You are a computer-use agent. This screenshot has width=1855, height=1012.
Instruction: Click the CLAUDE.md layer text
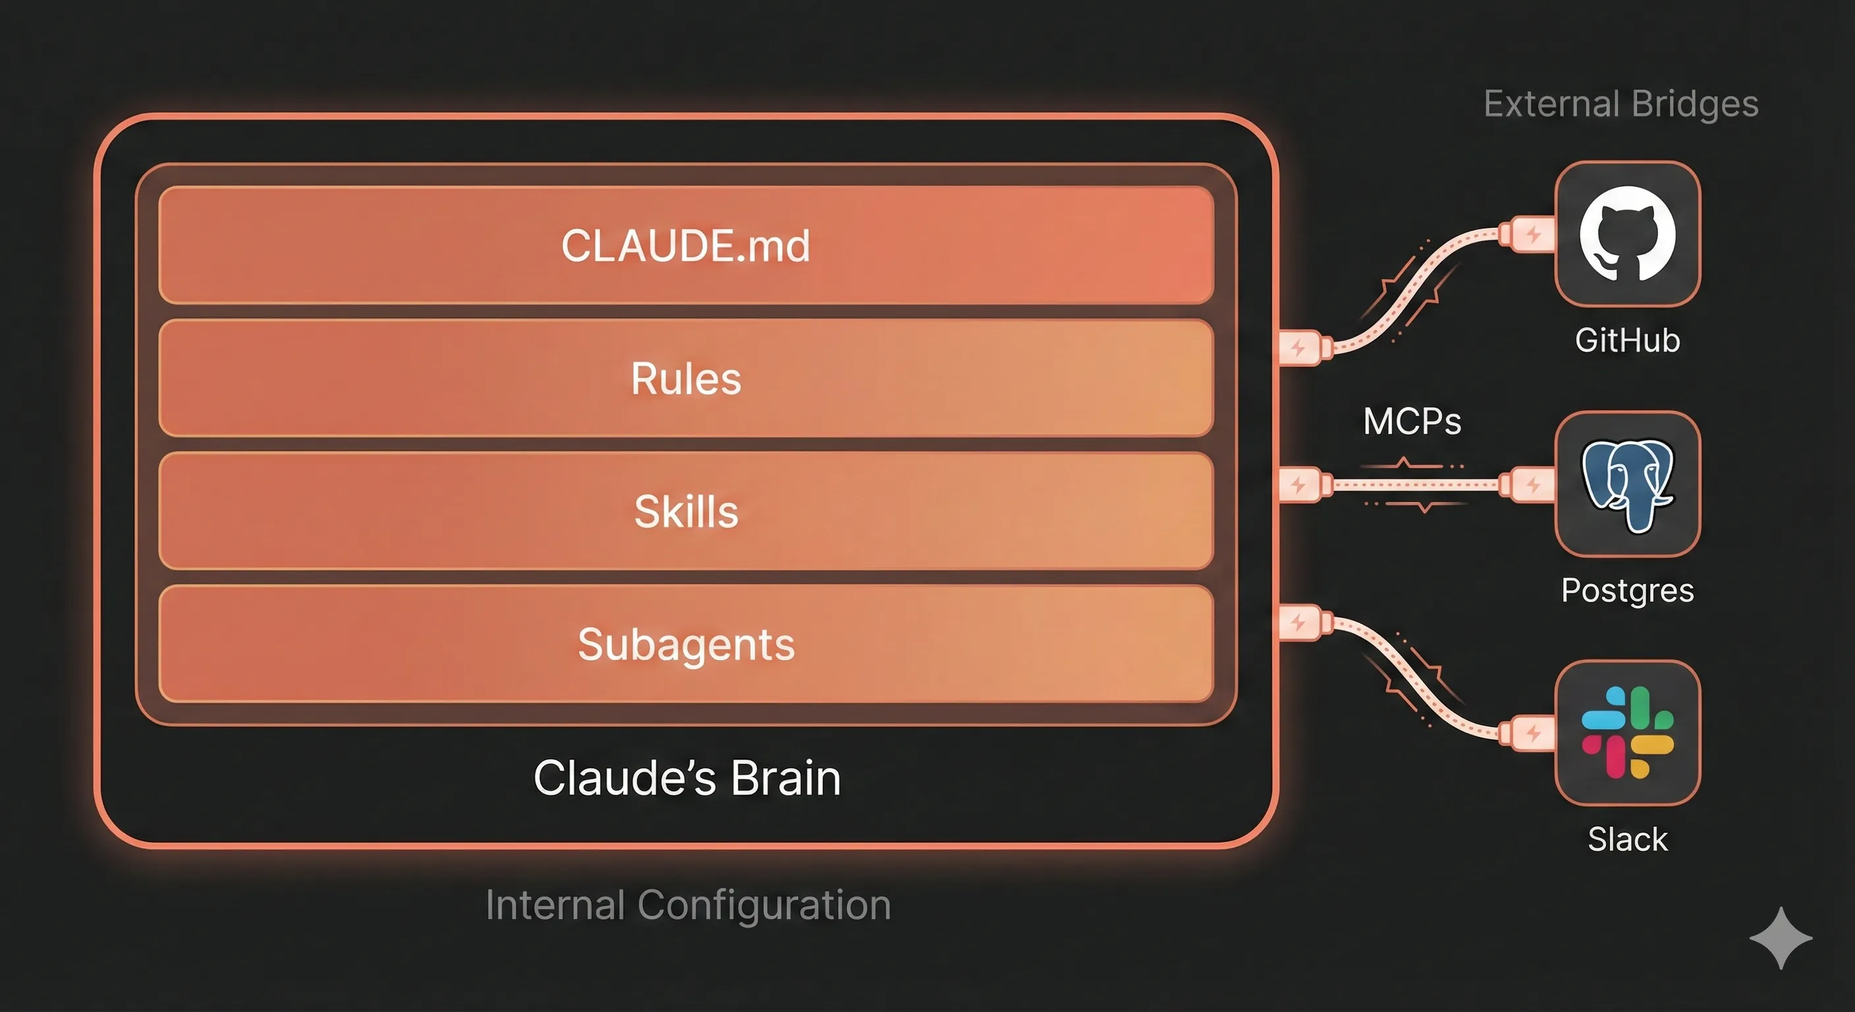pos(685,246)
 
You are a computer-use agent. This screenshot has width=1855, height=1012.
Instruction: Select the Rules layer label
pos(685,379)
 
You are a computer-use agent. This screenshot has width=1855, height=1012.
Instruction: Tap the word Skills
pos(686,511)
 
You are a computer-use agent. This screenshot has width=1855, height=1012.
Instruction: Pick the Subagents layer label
pos(686,644)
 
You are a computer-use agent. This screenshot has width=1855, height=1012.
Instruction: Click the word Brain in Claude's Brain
pos(785,778)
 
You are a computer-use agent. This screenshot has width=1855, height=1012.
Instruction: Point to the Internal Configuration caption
pos(688,905)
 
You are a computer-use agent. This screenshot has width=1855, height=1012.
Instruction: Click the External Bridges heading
pos(1620,105)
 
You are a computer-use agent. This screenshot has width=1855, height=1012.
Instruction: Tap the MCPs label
pos(1412,422)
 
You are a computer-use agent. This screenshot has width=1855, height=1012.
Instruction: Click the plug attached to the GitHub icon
pos(1528,234)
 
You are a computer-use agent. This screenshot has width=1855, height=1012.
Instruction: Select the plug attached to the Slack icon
pos(1528,734)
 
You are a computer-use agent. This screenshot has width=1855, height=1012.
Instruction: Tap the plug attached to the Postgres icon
pos(1528,485)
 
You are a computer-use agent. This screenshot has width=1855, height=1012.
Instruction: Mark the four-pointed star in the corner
pos(1780,938)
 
